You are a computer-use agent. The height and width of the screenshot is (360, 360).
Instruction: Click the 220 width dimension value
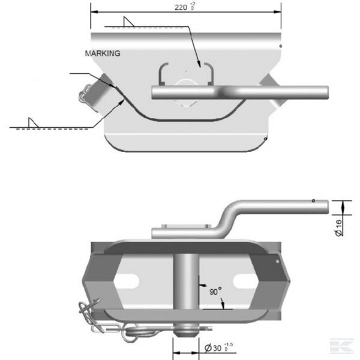[x=185, y=7]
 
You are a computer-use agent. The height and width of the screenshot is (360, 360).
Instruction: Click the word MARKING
[x=103, y=53]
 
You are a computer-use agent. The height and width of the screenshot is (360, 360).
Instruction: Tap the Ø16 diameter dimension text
[x=339, y=228]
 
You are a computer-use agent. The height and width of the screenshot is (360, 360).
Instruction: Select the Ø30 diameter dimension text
[x=218, y=348]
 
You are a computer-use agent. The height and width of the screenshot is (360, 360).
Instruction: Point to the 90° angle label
[x=215, y=291]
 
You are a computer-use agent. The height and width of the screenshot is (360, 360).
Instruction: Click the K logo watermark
[x=342, y=346]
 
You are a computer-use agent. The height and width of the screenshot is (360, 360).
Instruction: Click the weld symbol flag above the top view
[x=128, y=22]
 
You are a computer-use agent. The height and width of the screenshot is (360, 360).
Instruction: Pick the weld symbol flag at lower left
[x=33, y=122]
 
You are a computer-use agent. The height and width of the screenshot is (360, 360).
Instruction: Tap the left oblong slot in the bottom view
[x=126, y=281]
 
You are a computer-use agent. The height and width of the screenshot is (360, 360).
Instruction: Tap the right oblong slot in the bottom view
[x=245, y=281]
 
